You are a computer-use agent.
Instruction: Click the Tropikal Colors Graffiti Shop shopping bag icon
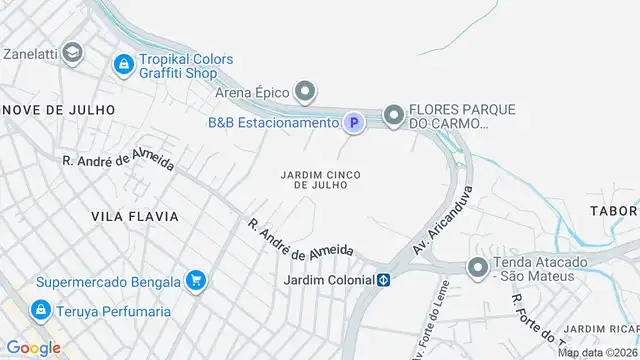tap(123, 65)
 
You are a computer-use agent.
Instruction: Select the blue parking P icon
tap(352, 123)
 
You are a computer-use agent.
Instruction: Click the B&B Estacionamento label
tap(273, 123)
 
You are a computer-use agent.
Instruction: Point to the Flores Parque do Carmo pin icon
tap(394, 117)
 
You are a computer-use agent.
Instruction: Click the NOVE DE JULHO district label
tap(59, 108)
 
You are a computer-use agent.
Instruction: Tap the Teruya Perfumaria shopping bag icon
tap(41, 310)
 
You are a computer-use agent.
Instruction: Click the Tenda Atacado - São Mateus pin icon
tap(479, 268)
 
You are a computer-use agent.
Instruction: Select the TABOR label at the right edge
tap(613, 211)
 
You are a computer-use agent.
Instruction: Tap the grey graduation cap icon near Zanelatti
tap(71, 51)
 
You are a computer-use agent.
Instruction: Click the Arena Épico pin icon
tap(308, 93)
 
